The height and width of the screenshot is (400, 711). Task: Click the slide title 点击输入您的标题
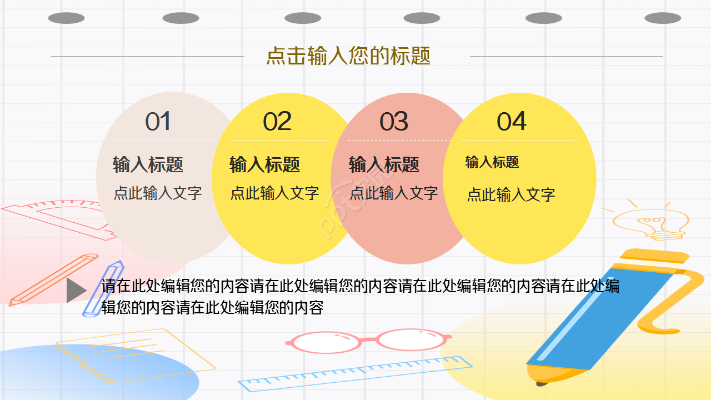348,56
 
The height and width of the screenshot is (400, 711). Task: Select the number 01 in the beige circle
158,122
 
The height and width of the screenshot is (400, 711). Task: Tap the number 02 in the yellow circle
277,122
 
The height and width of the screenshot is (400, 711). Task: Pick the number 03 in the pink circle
394,122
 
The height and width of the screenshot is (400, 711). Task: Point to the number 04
511,122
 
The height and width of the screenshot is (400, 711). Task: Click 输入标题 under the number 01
148,164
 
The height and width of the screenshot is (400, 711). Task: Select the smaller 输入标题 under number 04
492,162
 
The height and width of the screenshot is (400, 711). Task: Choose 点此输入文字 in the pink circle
394,193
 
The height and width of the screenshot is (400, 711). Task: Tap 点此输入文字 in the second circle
275,193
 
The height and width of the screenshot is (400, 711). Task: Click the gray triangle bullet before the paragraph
75,291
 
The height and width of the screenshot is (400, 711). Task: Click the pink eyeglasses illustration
369,341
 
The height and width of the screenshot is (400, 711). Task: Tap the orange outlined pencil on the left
53,280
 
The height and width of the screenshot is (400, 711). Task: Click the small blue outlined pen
103,288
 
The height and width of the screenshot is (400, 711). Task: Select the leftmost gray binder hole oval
66,18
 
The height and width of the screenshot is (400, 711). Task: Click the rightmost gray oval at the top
663,18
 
